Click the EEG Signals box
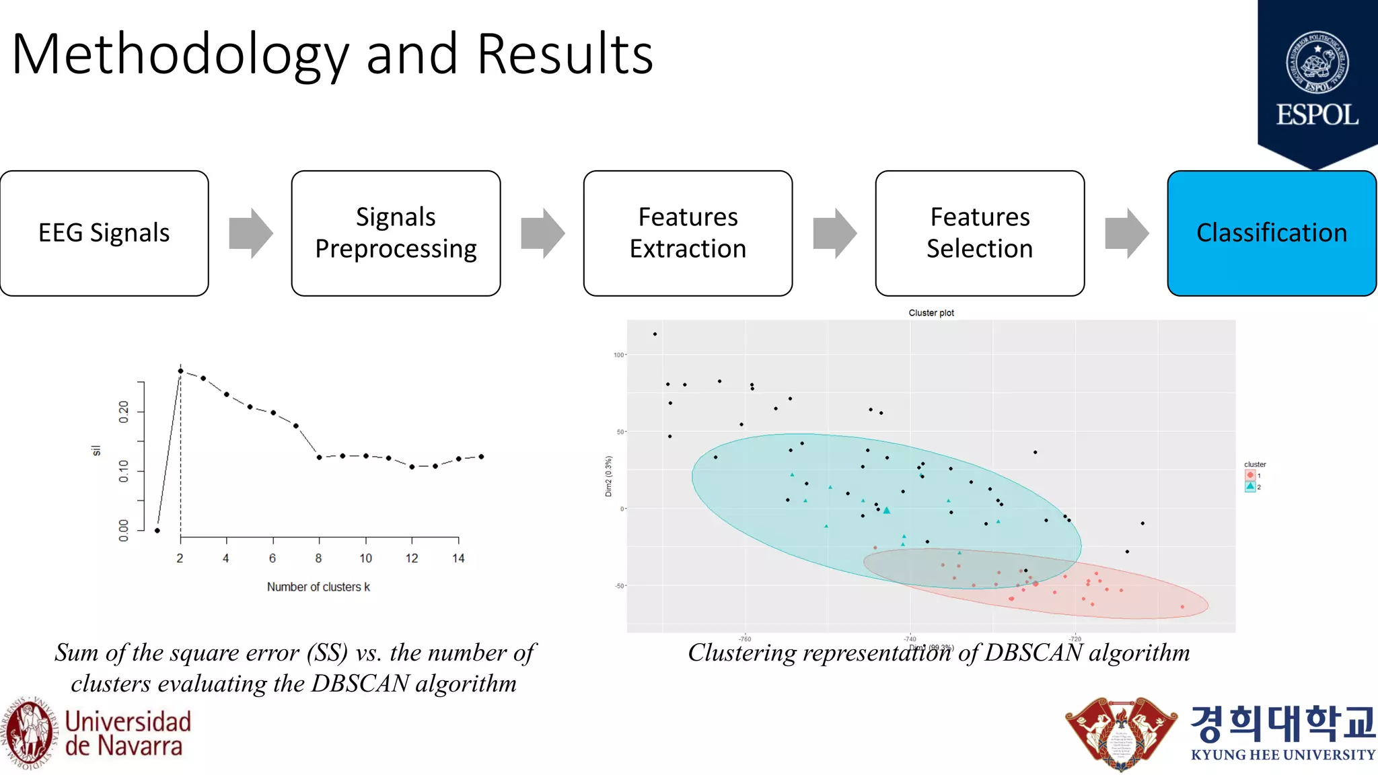coord(104,233)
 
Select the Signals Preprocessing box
coord(396,233)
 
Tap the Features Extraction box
coord(688,233)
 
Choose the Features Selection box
coord(980,233)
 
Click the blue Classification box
coord(1272,233)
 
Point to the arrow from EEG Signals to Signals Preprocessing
coord(250,233)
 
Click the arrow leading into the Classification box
coord(1126,233)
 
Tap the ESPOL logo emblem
coord(1317,62)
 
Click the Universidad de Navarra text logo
coord(128,733)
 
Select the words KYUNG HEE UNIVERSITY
coord(1283,755)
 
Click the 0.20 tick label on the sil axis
coord(124,412)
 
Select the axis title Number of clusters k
coord(318,587)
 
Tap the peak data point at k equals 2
coord(180,371)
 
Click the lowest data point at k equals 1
coord(157,531)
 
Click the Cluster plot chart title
coord(931,313)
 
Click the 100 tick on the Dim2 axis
coord(618,355)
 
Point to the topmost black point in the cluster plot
coord(655,334)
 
